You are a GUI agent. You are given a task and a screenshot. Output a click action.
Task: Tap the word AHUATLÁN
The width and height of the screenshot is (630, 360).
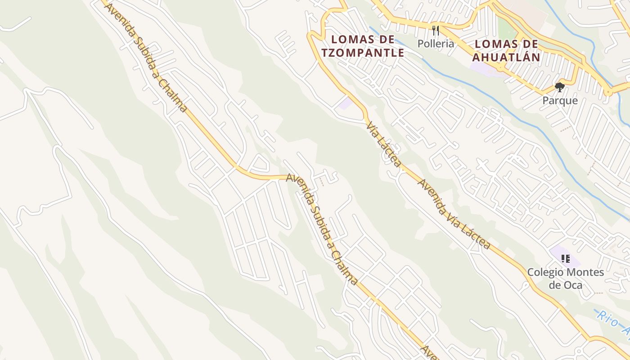pyautogui.click(x=506, y=57)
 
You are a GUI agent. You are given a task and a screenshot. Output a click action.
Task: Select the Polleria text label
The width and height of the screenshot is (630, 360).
pyautogui.click(x=436, y=44)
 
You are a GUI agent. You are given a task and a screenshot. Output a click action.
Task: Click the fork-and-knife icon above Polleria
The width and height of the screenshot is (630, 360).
pyautogui.click(x=435, y=30)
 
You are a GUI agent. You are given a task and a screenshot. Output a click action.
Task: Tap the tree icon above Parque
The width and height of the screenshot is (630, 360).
pyautogui.click(x=559, y=87)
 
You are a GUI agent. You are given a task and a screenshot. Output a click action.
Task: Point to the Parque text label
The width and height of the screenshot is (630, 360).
pyautogui.click(x=560, y=100)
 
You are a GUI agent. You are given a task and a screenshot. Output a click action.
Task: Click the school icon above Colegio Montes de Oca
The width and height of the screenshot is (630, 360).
pyautogui.click(x=566, y=259)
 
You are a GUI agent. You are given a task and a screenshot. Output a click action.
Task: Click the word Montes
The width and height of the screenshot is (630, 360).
pyautogui.click(x=585, y=272)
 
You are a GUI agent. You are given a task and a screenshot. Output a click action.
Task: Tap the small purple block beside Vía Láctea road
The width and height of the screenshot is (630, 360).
pyautogui.click(x=346, y=103)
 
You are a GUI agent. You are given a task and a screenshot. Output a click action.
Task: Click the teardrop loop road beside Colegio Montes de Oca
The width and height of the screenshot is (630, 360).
pyautogui.click(x=525, y=285)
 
